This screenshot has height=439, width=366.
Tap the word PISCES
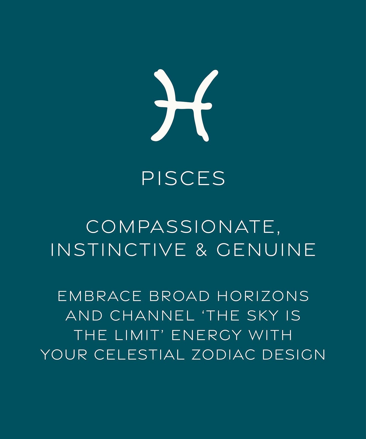[183, 178]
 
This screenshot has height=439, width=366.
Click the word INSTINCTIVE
[118, 250]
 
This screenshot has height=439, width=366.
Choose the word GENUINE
[266, 250]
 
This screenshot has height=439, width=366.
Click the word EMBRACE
[100, 296]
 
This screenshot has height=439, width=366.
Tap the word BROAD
[180, 296]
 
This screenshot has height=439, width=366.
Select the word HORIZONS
[263, 296]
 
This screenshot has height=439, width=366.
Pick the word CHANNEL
[152, 315]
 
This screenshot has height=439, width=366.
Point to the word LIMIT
[136, 335]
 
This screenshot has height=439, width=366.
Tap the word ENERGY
[206, 335]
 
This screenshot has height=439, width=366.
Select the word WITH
[270, 335]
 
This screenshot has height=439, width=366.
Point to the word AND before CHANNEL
[84, 315]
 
